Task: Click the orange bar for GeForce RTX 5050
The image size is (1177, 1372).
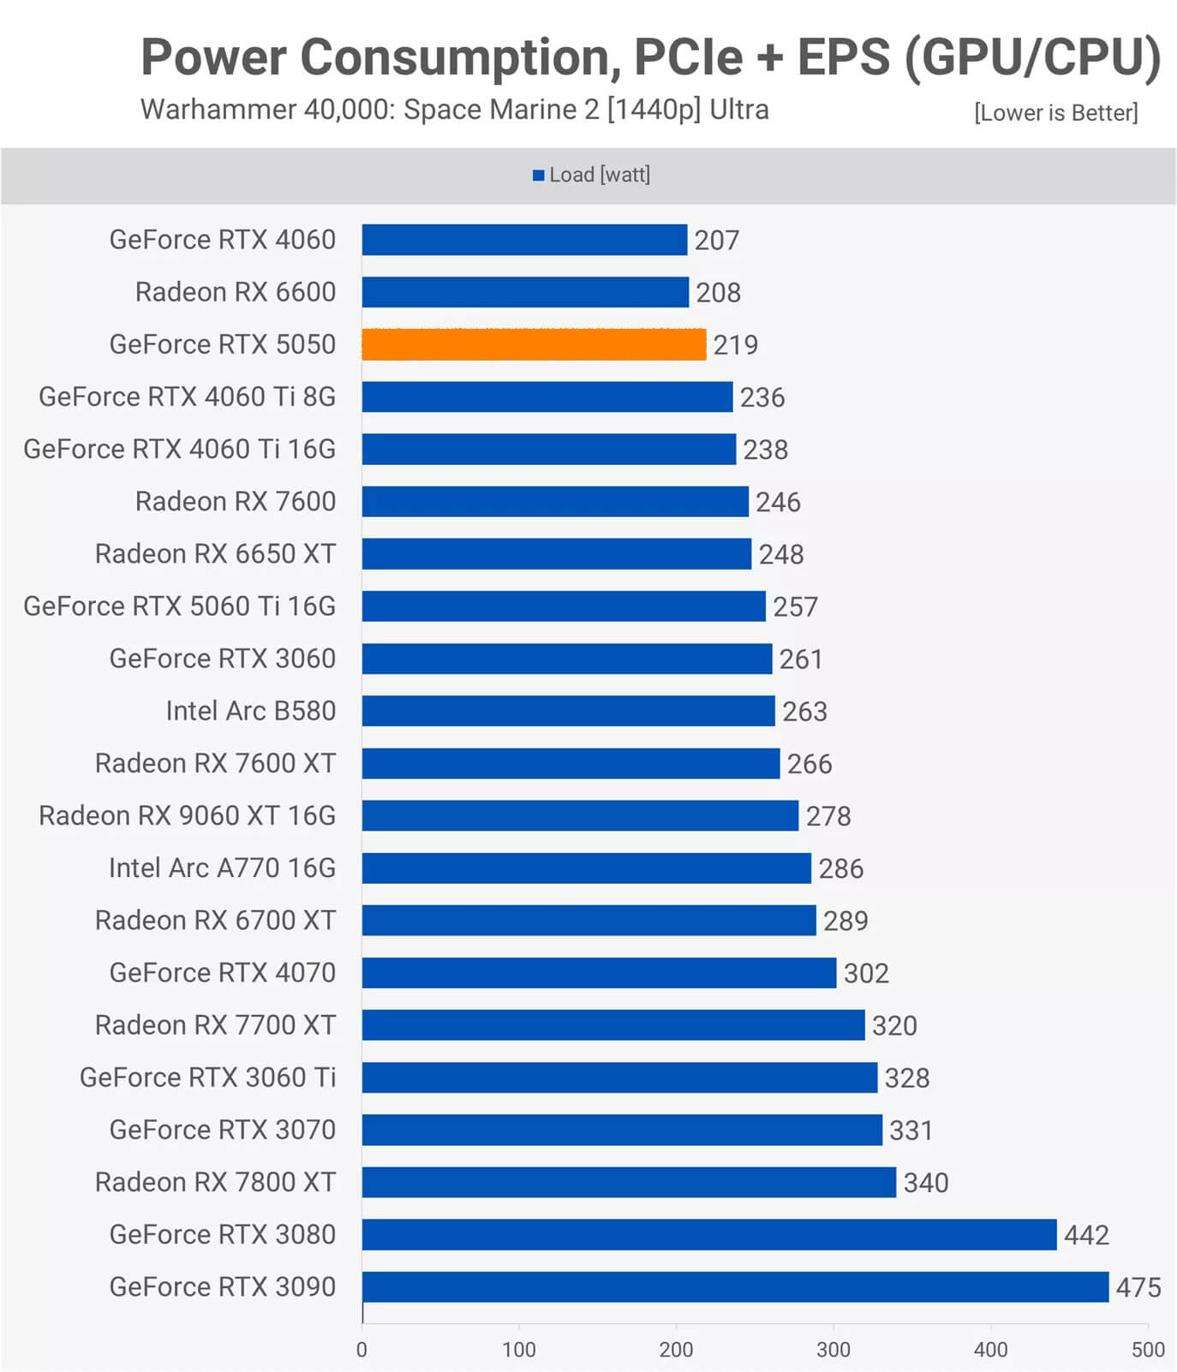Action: pos(534,344)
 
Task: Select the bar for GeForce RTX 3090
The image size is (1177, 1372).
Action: pos(735,1286)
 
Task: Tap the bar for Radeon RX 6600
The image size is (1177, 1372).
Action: pos(525,292)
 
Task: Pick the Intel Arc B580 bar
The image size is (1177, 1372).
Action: pos(568,711)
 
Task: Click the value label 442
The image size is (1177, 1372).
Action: pos(1086,1235)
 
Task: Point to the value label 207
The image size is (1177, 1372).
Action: pos(716,241)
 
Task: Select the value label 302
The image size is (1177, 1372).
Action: pos(866,973)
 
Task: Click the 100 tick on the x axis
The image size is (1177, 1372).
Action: pos(519,1350)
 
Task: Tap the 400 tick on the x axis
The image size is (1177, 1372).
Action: pos(990,1350)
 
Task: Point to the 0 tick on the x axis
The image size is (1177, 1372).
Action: pos(361,1350)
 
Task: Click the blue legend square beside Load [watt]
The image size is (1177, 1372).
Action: pos(539,176)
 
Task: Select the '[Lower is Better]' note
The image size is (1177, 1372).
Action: pos(1055,113)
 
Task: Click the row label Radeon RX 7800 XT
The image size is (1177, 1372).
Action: pos(215,1182)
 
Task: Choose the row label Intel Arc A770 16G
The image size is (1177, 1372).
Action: pos(222,868)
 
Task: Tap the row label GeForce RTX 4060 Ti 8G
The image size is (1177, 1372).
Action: pos(187,397)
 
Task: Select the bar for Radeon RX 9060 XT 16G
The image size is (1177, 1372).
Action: pos(580,815)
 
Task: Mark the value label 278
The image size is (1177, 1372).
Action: pos(828,816)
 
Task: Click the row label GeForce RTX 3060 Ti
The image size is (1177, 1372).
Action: pos(207,1077)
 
